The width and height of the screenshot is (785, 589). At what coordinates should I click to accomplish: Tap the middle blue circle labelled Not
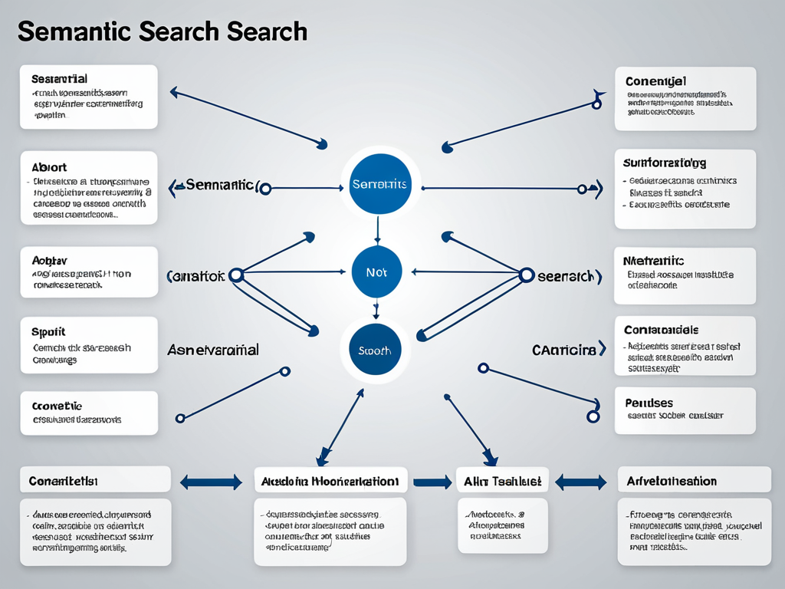376,272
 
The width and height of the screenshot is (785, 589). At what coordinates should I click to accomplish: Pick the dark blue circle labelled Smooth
375,350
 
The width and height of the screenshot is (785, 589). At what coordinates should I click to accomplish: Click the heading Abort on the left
49,167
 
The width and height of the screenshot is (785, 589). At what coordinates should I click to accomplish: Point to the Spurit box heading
48,332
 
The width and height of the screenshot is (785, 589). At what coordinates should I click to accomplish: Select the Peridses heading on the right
649,403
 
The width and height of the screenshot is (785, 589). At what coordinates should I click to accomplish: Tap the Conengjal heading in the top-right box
655,81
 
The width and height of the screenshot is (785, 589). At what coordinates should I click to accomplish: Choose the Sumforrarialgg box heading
665,163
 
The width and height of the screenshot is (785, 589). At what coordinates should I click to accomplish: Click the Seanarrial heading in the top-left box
59,79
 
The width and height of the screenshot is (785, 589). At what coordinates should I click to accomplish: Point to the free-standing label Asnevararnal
212,350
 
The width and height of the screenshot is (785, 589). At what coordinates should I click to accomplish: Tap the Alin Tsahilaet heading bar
503,481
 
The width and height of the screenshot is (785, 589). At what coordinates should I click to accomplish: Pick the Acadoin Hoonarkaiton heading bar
329,482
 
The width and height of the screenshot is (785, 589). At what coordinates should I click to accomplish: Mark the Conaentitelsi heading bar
63,481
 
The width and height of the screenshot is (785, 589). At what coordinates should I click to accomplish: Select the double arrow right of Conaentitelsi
211,482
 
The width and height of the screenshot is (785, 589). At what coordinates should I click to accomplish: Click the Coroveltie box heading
57,406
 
